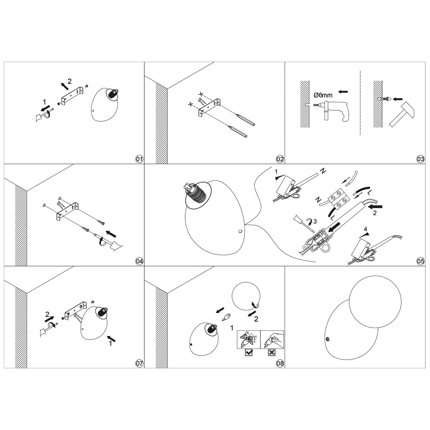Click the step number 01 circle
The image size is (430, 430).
(x=139, y=159)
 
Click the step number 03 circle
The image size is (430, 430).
(x=420, y=159)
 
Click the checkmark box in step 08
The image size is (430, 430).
(x=249, y=353)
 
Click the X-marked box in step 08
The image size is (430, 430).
(x=272, y=353)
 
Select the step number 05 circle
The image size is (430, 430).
(x=420, y=261)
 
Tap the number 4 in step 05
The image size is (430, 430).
(x=365, y=229)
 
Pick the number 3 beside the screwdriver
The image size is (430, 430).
(x=315, y=221)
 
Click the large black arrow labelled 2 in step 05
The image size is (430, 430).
(x=376, y=207)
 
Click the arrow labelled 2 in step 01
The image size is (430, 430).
(x=63, y=85)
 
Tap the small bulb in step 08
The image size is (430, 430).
(x=227, y=316)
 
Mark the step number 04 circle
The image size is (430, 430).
(x=139, y=261)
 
